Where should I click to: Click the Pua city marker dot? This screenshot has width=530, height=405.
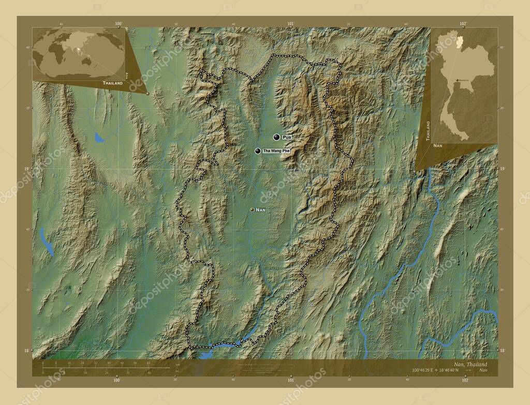pos(277,137)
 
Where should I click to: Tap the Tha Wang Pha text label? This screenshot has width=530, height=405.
pos(276,151)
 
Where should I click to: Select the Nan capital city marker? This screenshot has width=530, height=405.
pos(252,209)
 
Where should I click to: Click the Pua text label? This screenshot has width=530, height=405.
pos(287,137)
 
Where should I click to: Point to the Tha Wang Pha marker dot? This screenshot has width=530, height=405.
pos(258,151)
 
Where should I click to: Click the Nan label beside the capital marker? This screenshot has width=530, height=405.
pos(261,209)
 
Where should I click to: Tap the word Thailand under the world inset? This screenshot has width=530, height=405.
pos(112,83)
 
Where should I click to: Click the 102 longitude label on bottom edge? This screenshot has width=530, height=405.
pos(465,381)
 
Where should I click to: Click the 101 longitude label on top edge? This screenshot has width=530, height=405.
pos(290,23)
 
